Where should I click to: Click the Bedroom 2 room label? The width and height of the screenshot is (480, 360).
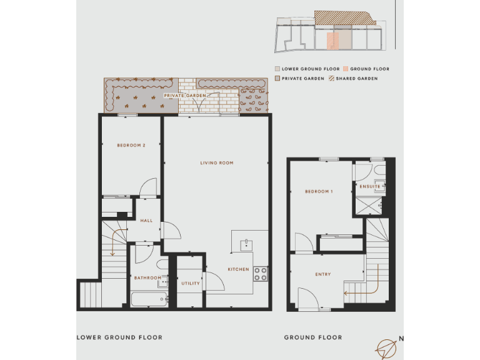tap(131, 146)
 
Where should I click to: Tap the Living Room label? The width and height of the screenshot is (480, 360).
tap(216, 163)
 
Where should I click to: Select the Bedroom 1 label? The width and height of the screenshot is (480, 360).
tap(318, 191)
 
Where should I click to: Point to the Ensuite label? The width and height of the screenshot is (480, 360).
tap(370, 186)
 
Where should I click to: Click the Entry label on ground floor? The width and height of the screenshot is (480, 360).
tap(323, 274)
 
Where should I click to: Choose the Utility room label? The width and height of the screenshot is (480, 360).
tap(191, 283)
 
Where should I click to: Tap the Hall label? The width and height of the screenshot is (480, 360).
tap(146, 221)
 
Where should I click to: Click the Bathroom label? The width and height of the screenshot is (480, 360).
tap(147, 277)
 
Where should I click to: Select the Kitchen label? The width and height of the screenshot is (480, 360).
tap(238, 269)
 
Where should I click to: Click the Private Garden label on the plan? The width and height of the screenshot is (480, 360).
tap(185, 96)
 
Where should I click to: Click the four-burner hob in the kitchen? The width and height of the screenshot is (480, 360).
tap(260, 273)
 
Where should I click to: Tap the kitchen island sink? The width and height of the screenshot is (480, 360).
tap(246, 243)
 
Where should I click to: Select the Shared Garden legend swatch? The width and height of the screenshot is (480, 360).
tap(332, 79)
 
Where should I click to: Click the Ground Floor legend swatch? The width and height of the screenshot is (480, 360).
tap(345, 69)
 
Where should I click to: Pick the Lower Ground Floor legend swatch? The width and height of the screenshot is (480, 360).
tap(277, 69)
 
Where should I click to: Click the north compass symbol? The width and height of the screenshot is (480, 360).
tap(387, 347)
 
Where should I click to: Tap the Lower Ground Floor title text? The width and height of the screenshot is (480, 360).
tap(119, 337)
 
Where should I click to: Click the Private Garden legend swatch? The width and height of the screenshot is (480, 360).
tap(277, 79)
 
